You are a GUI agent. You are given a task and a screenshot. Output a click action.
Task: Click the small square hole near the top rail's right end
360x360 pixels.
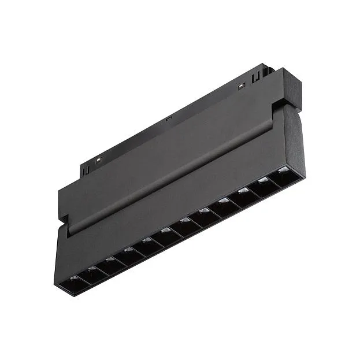(x=242, y=86)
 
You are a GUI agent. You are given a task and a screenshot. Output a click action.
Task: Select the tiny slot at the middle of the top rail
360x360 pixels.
(x=168, y=120)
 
